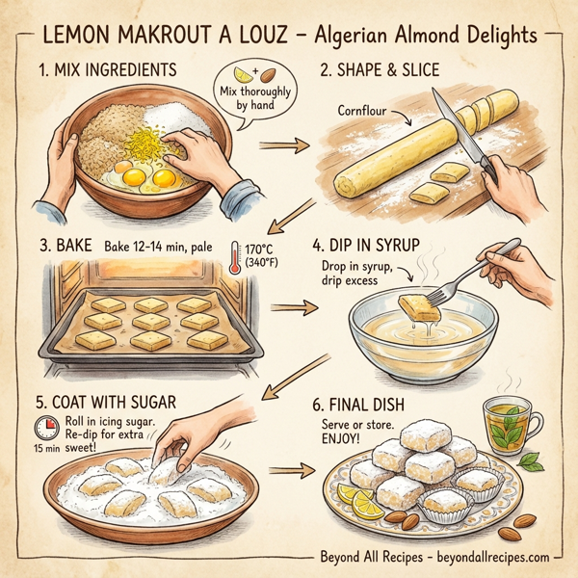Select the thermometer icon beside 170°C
coord(237,257)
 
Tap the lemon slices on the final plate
coord(361,502)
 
